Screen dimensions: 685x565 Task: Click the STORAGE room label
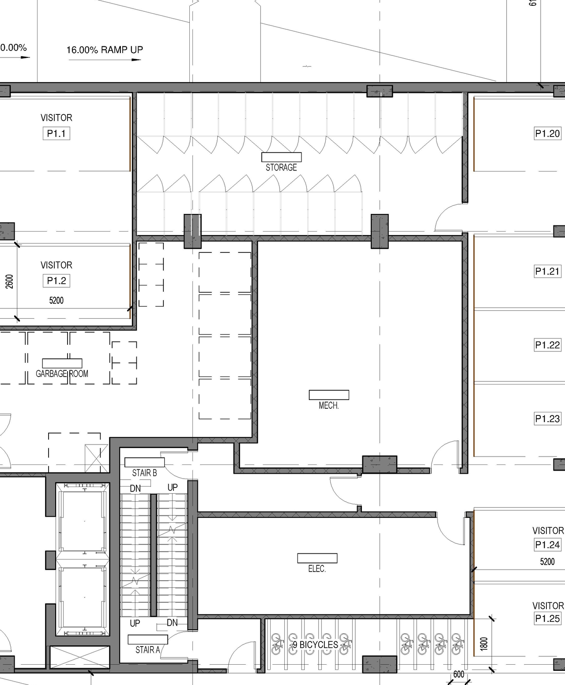tap(281, 167)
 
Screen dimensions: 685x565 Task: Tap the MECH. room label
tap(329, 405)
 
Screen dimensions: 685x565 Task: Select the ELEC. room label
tap(317, 569)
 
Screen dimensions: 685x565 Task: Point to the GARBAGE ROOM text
tap(62, 373)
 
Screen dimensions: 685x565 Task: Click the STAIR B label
tap(144, 473)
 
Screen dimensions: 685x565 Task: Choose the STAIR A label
tap(147, 650)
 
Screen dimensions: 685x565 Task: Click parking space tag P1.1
tap(56, 133)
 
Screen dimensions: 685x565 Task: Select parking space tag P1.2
tap(56, 281)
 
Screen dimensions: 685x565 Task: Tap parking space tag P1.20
tap(547, 133)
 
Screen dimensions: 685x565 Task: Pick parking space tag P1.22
tap(547, 345)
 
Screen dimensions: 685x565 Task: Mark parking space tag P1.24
tap(547, 545)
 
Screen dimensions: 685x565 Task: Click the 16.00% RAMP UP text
tap(105, 50)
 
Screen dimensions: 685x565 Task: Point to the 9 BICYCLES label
tap(316, 645)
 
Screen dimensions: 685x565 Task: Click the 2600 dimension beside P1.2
tap(9, 282)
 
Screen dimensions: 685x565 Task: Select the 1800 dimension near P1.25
tap(484, 643)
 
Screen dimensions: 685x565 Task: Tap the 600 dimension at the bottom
tap(459, 674)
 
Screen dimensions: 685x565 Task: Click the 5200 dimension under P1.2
tap(56, 301)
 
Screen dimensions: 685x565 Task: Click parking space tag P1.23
tap(547, 419)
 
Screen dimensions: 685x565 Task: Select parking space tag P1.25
tap(547, 618)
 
